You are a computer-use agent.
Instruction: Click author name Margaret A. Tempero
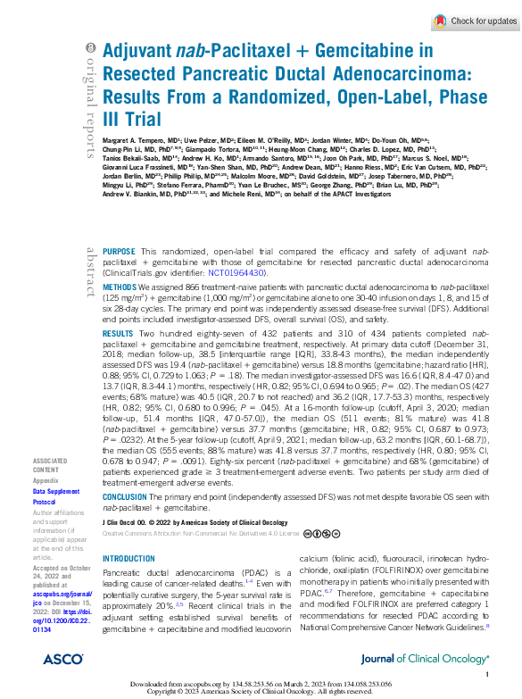click(134, 140)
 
